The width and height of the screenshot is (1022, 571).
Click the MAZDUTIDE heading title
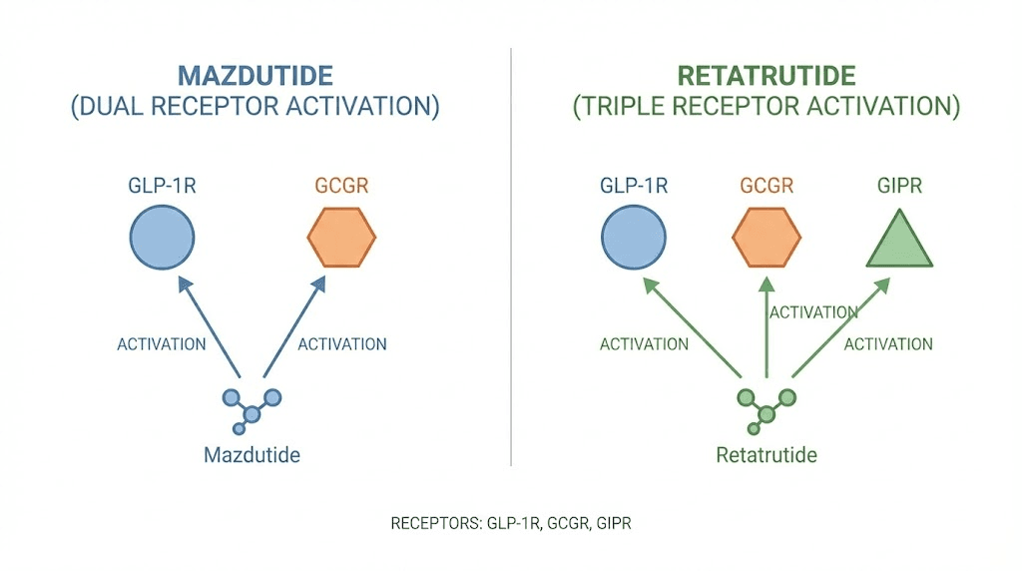pos(255,76)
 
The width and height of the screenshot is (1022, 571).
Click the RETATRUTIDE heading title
pos(766,76)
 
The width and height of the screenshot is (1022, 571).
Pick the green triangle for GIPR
pos(899,242)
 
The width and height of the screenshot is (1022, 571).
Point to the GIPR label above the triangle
pos(899,186)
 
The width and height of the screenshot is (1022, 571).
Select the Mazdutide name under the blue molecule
pos(252,455)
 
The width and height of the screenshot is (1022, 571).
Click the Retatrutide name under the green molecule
pos(766,455)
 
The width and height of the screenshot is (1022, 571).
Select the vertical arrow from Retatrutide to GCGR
pos(766,329)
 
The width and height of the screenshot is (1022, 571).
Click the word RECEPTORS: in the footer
pos(435,523)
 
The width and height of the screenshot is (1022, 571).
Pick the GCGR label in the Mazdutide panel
pos(341,186)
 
